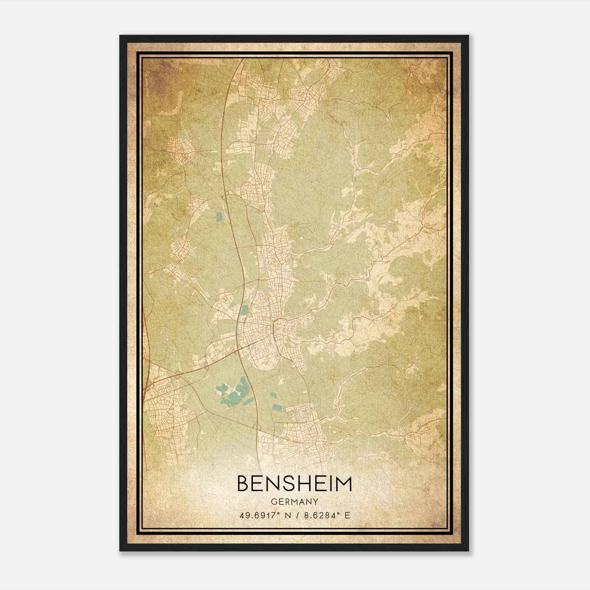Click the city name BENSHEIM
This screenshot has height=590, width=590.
295,484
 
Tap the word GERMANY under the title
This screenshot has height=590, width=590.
295,502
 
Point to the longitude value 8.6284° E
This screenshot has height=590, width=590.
325,515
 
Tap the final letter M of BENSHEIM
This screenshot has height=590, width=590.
344,484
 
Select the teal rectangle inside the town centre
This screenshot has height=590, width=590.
244,310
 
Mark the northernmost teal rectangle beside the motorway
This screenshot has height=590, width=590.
219,217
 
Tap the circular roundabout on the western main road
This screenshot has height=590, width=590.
178,375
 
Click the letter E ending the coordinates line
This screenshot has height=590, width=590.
347,515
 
